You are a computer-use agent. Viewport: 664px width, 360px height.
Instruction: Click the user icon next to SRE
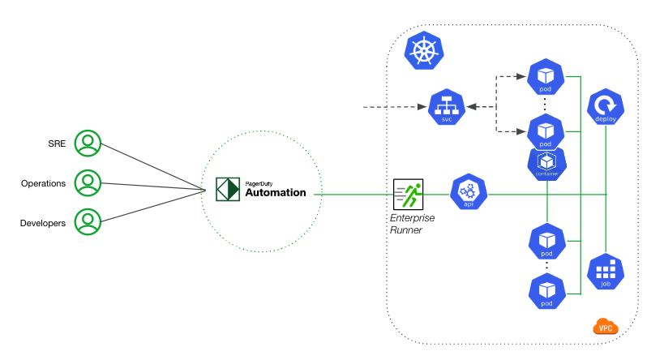coord(88,144)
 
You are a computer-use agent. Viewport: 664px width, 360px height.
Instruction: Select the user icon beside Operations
coord(88,183)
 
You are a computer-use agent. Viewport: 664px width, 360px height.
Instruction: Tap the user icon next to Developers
coord(88,221)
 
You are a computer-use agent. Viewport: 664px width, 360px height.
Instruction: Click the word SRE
coord(56,144)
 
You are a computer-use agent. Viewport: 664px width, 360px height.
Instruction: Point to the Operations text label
coord(43,183)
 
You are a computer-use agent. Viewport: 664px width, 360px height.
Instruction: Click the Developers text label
coord(43,222)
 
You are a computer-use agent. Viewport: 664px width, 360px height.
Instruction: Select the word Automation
coord(276,193)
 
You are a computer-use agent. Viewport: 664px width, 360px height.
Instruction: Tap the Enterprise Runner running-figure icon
coord(408,193)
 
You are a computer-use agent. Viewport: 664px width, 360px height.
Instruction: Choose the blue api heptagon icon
coord(467,191)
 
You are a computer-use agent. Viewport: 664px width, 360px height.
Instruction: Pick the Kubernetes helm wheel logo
coord(423,49)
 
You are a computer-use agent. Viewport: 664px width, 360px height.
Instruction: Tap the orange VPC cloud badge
coord(605,328)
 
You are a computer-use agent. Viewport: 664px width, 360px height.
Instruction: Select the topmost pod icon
coord(546,77)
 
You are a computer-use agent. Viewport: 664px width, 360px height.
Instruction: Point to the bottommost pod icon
coord(546,289)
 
